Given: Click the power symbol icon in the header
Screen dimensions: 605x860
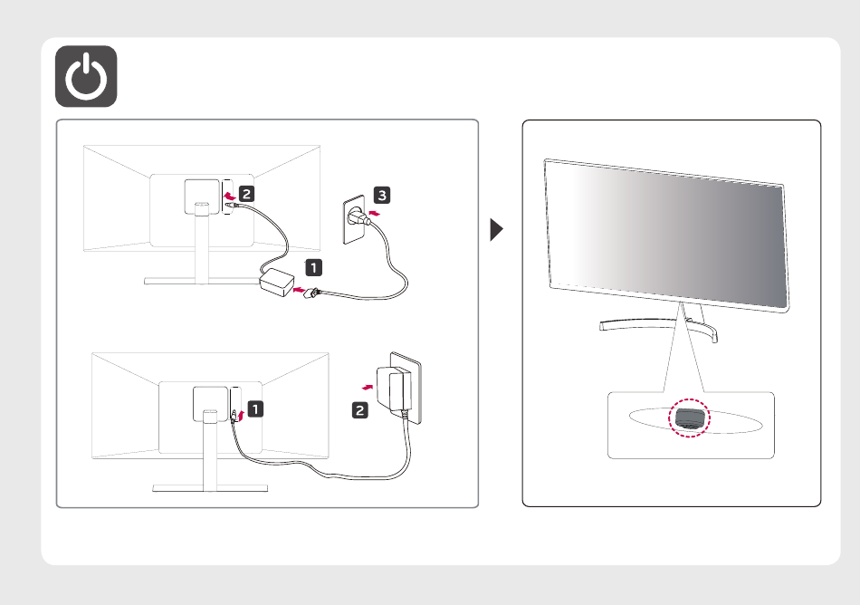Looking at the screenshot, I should point(86,76).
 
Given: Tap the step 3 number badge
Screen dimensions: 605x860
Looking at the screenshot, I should point(384,195).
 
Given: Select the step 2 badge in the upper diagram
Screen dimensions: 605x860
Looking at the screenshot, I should point(247,193).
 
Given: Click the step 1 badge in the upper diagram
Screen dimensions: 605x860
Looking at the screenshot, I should point(311,268).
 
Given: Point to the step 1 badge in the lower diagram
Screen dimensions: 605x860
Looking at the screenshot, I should point(256,408).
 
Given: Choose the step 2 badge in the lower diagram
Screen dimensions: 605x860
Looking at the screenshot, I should point(360,410).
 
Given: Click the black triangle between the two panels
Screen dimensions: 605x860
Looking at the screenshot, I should point(497,229).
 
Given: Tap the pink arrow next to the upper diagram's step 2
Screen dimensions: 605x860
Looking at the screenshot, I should point(230,195).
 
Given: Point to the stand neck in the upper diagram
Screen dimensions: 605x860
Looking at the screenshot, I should point(196,245).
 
